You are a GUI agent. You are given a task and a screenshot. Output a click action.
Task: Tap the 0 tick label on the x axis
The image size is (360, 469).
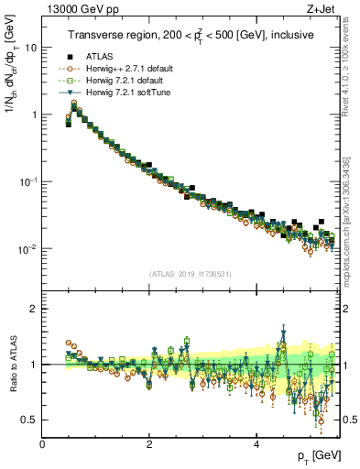(x=42, y=442)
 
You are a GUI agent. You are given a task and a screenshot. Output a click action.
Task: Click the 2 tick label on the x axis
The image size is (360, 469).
(x=149, y=442)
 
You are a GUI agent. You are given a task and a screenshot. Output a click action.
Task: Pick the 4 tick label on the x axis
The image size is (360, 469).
(x=256, y=442)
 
